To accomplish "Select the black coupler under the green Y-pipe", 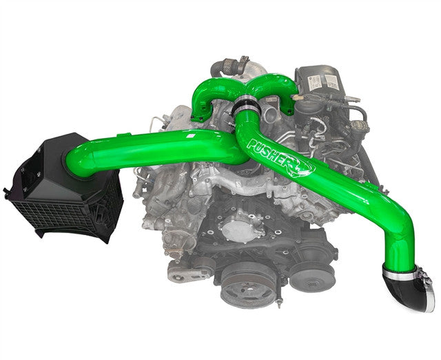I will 248,108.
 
